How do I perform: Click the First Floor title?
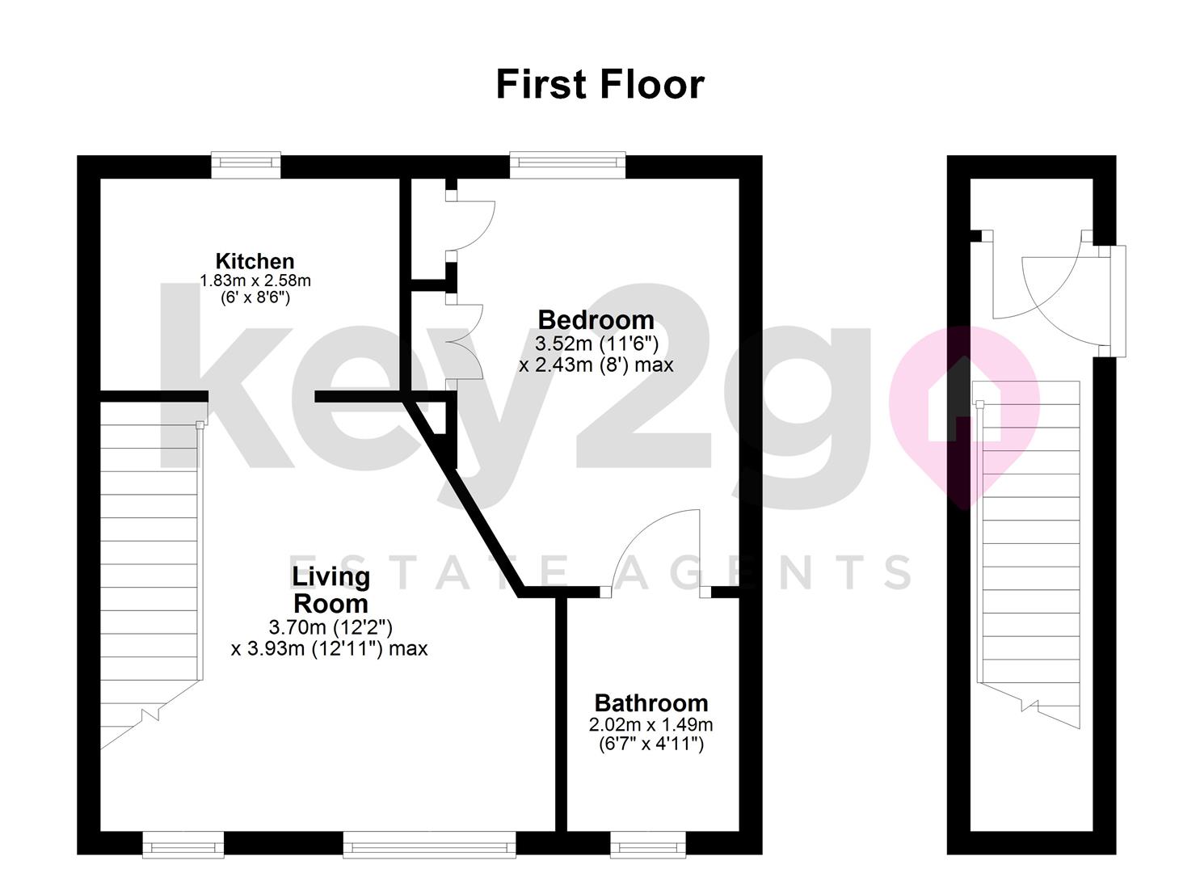pos(600,85)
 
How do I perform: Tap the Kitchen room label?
pos(255,261)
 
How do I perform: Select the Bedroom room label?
pos(596,319)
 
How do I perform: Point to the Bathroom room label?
pos(651,702)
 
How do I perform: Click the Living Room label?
pos(331,590)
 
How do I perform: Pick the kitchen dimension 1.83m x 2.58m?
pos(255,280)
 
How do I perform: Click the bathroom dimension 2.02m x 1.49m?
pos(651,724)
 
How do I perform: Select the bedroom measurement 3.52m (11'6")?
pos(596,343)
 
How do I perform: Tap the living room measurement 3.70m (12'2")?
pos(331,626)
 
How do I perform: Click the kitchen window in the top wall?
pos(246,165)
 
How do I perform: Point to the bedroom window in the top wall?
pos(567,165)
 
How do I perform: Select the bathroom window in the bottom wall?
pos(648,846)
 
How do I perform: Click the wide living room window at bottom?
pos(429,846)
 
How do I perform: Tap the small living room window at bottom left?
pos(183,846)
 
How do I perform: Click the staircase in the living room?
pos(150,566)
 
